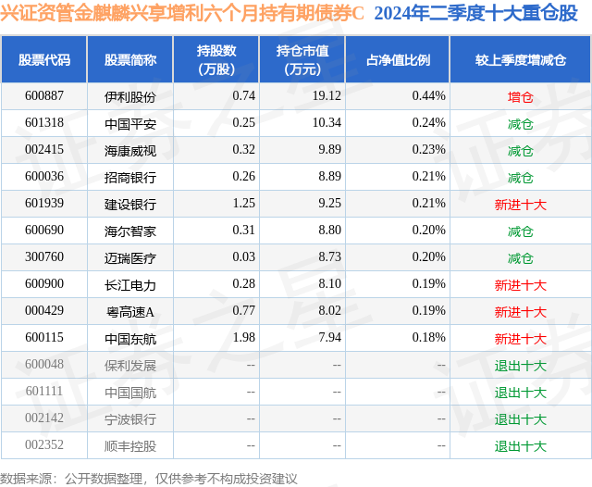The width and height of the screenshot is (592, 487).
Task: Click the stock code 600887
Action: tap(44, 96)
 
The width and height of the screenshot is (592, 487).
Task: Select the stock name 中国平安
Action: tap(130, 123)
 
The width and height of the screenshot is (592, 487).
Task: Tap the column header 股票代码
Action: tap(44, 60)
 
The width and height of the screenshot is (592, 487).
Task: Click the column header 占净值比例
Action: tap(398, 60)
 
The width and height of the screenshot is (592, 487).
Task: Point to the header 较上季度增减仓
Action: tap(521, 60)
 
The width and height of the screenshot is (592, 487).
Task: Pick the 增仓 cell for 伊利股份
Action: tap(521, 96)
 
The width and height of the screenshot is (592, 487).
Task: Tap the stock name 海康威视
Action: tap(130, 150)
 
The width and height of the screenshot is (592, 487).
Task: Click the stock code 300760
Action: tap(44, 257)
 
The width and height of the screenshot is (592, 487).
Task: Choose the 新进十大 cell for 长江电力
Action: tap(521, 284)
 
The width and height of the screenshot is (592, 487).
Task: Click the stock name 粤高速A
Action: tap(130, 311)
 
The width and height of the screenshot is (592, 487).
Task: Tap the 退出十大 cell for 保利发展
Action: tap(521, 365)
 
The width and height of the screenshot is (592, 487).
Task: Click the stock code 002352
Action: tap(44, 445)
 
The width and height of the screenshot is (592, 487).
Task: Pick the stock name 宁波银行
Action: tap(130, 418)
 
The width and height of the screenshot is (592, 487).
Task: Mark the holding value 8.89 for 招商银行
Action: tap(327, 177)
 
